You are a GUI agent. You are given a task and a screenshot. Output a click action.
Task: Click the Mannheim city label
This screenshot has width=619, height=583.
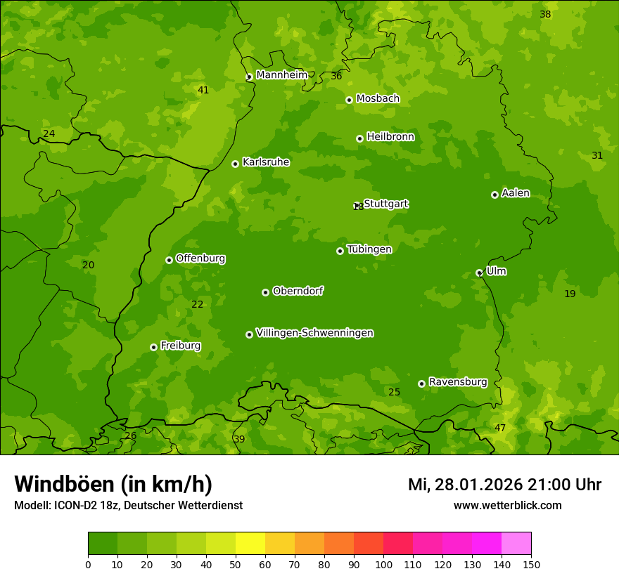tap(281, 75)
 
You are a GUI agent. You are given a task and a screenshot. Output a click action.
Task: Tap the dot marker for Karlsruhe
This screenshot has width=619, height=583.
tap(235, 164)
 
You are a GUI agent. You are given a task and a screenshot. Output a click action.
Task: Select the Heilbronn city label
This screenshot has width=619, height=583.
tap(390, 137)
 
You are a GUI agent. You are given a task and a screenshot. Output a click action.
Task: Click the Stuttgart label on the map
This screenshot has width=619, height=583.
tap(385, 204)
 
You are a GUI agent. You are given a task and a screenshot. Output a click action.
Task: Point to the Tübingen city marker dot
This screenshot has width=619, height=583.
tap(340, 251)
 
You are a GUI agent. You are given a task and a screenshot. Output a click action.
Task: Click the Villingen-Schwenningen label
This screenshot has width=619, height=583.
tap(314, 333)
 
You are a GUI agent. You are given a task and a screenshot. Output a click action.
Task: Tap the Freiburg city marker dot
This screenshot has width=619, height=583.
tap(153, 347)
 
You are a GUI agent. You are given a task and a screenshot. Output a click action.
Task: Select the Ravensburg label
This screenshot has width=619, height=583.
tap(458, 382)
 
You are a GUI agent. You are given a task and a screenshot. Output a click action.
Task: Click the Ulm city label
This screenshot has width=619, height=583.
tap(496, 271)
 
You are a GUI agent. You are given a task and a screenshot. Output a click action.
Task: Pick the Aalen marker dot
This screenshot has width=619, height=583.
tap(494, 195)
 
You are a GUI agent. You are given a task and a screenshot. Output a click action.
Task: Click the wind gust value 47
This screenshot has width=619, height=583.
tap(500, 428)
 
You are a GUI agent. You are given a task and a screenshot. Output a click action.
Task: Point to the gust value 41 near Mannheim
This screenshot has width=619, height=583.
tap(203, 90)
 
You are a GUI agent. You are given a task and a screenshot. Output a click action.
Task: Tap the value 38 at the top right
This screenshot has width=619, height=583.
tap(545, 14)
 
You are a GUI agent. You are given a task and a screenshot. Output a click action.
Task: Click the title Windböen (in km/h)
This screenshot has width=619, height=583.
tap(113, 484)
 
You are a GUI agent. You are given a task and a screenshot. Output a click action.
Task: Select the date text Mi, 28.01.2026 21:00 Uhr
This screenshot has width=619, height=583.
tap(504, 485)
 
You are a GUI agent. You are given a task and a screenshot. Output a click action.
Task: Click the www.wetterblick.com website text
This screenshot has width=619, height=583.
tap(507, 505)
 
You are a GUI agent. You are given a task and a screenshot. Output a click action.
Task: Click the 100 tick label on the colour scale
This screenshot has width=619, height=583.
tap(383, 564)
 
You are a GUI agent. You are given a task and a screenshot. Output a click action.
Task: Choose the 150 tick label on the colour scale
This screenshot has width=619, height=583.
tap(531, 564)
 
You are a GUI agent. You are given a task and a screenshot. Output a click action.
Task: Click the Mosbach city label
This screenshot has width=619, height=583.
tap(377, 98)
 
